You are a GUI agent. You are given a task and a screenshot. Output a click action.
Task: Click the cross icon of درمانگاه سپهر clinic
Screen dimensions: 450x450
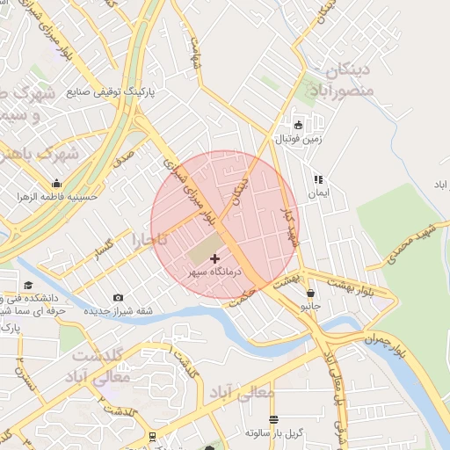click(215, 258)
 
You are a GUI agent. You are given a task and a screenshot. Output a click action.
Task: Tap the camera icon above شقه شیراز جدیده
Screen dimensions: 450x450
click(119, 298)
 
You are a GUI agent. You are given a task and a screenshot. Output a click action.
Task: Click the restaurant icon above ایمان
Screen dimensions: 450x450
click(318, 178)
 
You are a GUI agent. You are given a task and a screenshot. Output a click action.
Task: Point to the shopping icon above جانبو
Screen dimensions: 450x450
click(309, 292)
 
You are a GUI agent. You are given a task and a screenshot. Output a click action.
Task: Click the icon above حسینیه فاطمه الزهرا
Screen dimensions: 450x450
click(57, 184)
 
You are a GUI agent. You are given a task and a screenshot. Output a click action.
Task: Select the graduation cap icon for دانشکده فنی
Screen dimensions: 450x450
click(29, 285)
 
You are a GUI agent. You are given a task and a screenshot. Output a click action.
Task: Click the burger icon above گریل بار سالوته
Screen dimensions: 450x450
click(273, 419)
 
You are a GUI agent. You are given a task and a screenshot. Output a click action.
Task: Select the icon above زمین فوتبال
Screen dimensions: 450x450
click(298, 125)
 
